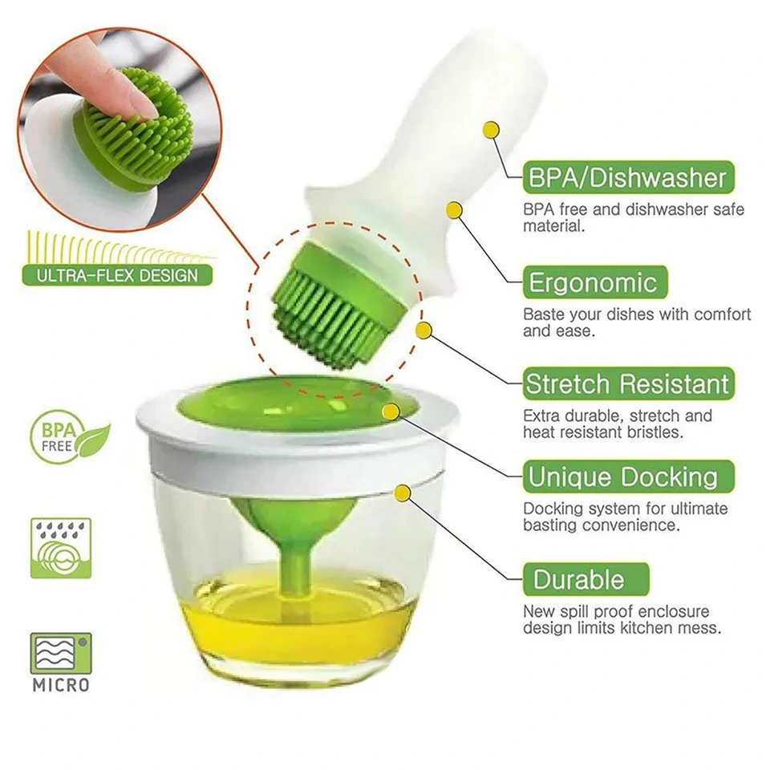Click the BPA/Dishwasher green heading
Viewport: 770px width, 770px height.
[x=628, y=177]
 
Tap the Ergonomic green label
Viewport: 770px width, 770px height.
[x=594, y=282]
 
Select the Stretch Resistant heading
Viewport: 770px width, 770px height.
[x=628, y=383]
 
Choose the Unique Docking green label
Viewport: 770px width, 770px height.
[x=628, y=476]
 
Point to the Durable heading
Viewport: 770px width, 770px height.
[x=586, y=579]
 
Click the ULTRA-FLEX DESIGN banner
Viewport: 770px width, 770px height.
[x=117, y=275]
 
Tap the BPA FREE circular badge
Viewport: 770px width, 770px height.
[x=69, y=437]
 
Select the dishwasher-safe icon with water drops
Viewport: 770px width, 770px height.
[x=61, y=548]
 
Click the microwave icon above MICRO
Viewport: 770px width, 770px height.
[x=61, y=654]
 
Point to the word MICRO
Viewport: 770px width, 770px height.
[x=61, y=685]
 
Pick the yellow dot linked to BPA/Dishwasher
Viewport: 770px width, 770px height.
[x=491, y=130]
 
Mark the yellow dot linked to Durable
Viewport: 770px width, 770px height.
[x=403, y=493]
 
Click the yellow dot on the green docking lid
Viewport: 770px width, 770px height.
[x=391, y=412]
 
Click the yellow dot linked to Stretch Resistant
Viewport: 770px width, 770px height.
[x=423, y=330]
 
